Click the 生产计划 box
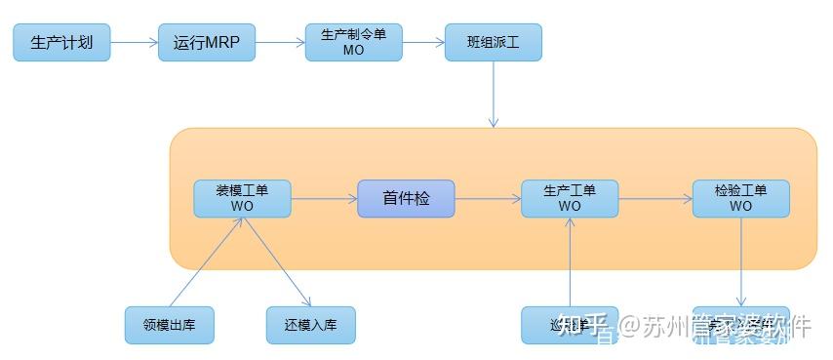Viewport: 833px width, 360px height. click(61, 43)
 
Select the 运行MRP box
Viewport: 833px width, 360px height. click(207, 43)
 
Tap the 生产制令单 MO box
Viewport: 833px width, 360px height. click(353, 43)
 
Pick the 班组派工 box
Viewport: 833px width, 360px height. click(493, 43)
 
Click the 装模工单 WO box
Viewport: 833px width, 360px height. click(242, 198)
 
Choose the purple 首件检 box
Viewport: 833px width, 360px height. click(406, 198)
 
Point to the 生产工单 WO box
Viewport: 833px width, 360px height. click(570, 198)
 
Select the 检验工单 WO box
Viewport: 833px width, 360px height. click(740, 198)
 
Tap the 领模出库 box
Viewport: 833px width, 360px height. click(170, 325)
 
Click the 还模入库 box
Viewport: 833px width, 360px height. click(311, 325)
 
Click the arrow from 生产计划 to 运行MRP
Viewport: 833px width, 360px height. click(134, 43)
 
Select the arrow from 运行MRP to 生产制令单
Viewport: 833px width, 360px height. click(280, 43)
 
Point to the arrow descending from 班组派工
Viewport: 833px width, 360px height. click(494, 94)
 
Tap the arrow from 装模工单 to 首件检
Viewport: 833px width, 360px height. click(324, 198)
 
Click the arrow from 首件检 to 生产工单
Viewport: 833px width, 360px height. click(487, 198)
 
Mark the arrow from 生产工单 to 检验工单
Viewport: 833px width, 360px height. click(654, 198)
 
